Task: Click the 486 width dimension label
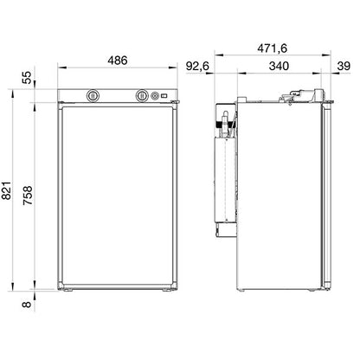coord(118,61)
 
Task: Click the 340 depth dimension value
coord(280,65)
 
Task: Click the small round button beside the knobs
coord(157,95)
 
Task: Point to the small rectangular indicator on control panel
coord(165,95)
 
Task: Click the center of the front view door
coord(118,195)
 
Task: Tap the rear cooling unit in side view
coord(228,173)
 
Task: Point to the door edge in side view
coord(330,195)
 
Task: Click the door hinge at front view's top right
coord(177,104)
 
